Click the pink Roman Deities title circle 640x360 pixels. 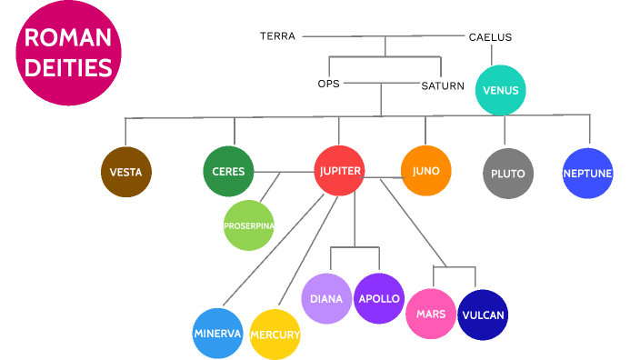(x=68, y=52)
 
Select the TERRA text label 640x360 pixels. (x=277, y=36)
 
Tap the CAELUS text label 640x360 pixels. (x=490, y=37)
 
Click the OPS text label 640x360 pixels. (x=328, y=84)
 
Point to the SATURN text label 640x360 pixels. (x=443, y=86)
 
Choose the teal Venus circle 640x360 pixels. (x=501, y=91)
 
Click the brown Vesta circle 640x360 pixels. (x=125, y=172)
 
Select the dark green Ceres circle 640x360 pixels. (x=228, y=171)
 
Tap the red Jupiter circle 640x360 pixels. (x=340, y=170)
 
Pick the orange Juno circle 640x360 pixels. (x=425, y=170)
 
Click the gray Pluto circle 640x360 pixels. (x=507, y=173)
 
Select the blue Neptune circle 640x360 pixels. (x=587, y=173)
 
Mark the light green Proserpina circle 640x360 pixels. (x=249, y=225)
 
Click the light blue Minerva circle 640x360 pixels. (x=218, y=334)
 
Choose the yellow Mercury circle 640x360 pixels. (x=275, y=335)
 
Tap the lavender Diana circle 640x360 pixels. (x=326, y=298)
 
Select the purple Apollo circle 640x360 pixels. (x=379, y=298)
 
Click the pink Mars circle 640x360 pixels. (x=431, y=314)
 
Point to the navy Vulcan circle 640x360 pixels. (x=483, y=315)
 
